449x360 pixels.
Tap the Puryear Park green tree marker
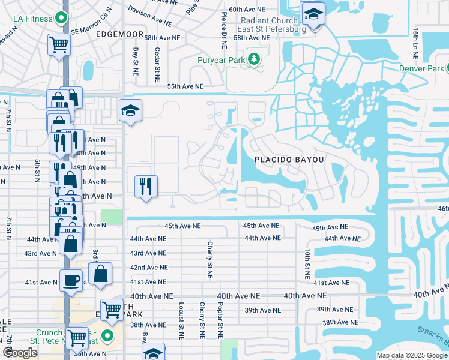pyautogui.click(x=255, y=59)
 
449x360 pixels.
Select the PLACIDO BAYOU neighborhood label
pyautogui.click(x=289, y=160)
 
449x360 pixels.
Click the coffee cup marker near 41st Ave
pyautogui.click(x=70, y=281)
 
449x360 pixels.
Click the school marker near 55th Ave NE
pyautogui.click(x=130, y=110)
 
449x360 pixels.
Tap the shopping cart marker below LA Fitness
pyautogui.click(x=59, y=44)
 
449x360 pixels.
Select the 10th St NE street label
pyautogui.click(x=307, y=264)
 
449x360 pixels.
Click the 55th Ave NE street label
pyautogui.click(x=185, y=86)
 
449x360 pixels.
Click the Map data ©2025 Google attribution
pyautogui.click(x=412, y=355)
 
